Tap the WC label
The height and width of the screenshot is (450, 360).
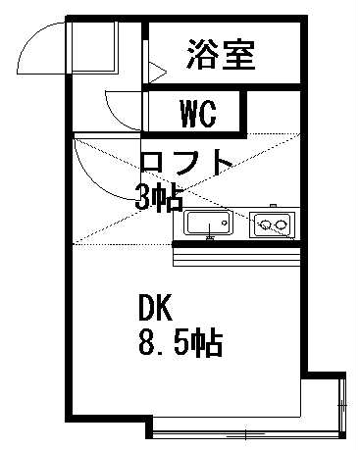pyautogui.click(x=198, y=113)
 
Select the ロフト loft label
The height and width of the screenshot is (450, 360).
pyautogui.click(x=187, y=161)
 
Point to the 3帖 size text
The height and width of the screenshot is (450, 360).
pyautogui.click(x=159, y=197)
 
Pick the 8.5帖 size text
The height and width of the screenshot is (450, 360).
pyautogui.click(x=180, y=344)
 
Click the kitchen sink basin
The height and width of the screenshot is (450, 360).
pyautogui.click(x=208, y=225)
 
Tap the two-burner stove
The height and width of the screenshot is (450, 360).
pyautogui.click(x=271, y=225)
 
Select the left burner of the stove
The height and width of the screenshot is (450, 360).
pyautogui.click(x=262, y=227)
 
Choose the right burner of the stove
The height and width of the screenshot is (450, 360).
pyautogui.click(x=281, y=227)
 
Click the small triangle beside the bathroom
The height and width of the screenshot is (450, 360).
pyautogui.click(x=155, y=71)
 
